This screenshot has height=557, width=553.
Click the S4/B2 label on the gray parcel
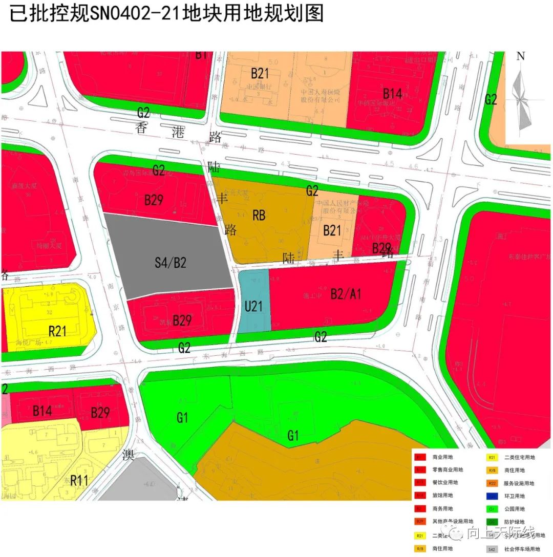(x=171, y=263)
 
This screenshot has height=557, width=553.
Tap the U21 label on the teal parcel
(x=253, y=306)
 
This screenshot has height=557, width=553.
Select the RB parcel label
(x=259, y=216)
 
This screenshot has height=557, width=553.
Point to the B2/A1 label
(x=346, y=294)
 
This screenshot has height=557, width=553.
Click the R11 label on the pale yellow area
(x=79, y=480)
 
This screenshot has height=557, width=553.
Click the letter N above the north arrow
(x=521, y=56)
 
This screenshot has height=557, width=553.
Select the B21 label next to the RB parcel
(x=332, y=231)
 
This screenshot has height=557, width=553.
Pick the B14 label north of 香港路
(x=392, y=93)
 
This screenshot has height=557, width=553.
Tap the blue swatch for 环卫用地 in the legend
(x=492, y=496)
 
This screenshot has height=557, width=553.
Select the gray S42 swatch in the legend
(x=492, y=549)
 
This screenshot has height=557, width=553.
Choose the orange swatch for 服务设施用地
(x=492, y=483)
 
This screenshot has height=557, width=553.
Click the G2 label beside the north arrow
(x=491, y=100)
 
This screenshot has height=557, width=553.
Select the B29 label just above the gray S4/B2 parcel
(x=153, y=200)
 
